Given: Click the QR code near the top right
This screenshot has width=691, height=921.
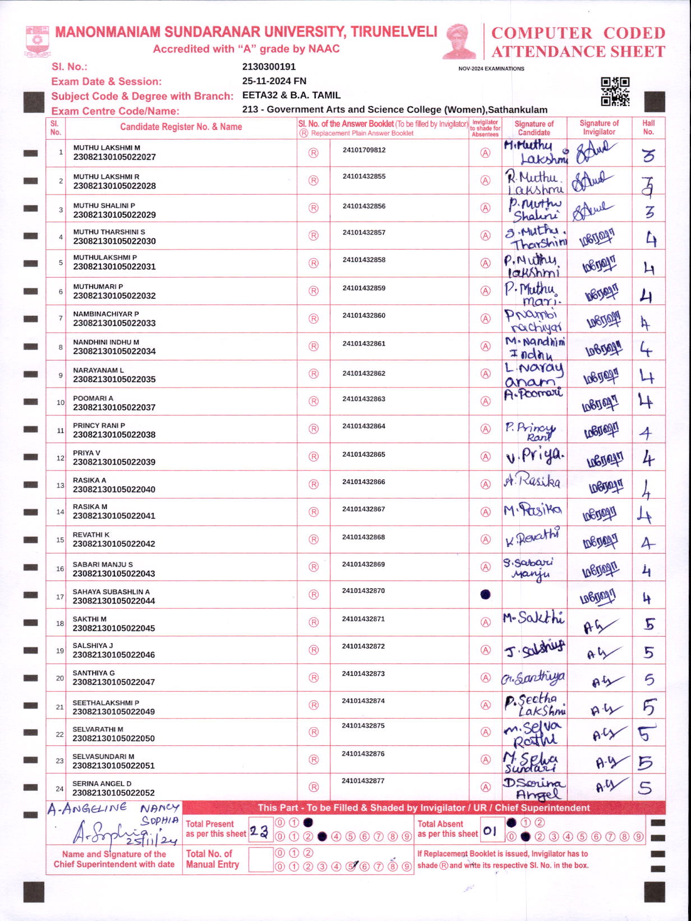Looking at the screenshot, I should [x=615, y=91].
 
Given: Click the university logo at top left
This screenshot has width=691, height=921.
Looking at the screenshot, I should [x=37, y=41].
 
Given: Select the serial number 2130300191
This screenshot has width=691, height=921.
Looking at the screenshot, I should [x=269, y=67].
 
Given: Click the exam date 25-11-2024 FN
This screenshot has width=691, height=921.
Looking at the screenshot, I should [x=274, y=81].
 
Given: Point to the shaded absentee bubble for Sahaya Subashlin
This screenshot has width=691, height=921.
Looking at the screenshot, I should [x=486, y=595].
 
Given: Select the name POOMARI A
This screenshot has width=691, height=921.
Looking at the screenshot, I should [x=93, y=398].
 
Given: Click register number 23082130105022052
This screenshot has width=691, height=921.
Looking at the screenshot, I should [x=114, y=793].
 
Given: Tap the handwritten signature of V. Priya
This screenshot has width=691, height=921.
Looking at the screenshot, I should [x=535, y=457].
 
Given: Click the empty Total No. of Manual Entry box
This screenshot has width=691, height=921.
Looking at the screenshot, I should [x=260, y=859].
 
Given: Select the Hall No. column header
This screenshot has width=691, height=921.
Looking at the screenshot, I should [x=648, y=127].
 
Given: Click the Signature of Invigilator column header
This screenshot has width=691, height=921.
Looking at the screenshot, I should [x=598, y=127].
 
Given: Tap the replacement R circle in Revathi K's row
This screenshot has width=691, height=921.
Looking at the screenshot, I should [x=314, y=540].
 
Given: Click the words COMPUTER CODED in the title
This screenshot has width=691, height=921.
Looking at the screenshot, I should [x=578, y=33].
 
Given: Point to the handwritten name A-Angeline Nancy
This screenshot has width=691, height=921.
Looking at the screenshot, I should [x=112, y=809].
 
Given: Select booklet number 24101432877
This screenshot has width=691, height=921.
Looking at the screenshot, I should [x=363, y=781].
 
